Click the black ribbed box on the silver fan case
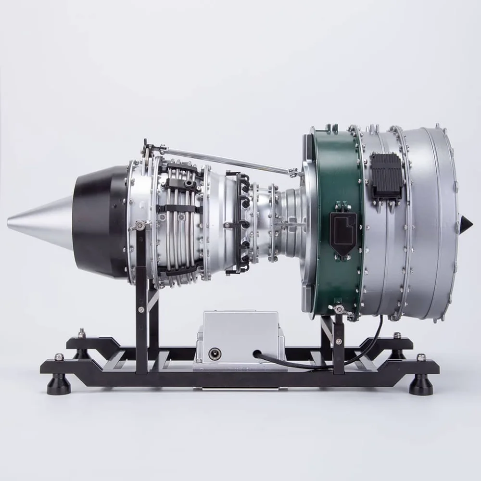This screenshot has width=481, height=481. tap(386, 175)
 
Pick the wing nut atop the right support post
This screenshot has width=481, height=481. tap(339, 309)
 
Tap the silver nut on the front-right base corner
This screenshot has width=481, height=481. tap(421, 357)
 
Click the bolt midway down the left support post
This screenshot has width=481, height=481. tap(141, 310)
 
